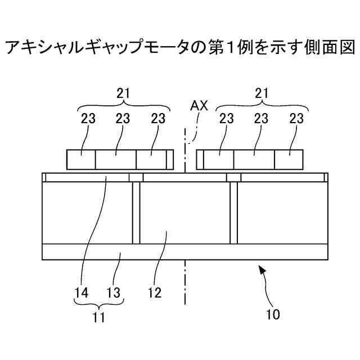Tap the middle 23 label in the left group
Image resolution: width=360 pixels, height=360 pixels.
click(x=123, y=119)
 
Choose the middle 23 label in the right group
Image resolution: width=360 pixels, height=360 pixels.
click(x=260, y=119)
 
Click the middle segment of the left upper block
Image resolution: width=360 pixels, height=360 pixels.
click(x=115, y=159)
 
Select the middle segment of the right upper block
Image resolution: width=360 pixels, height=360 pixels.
click(x=254, y=159)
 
